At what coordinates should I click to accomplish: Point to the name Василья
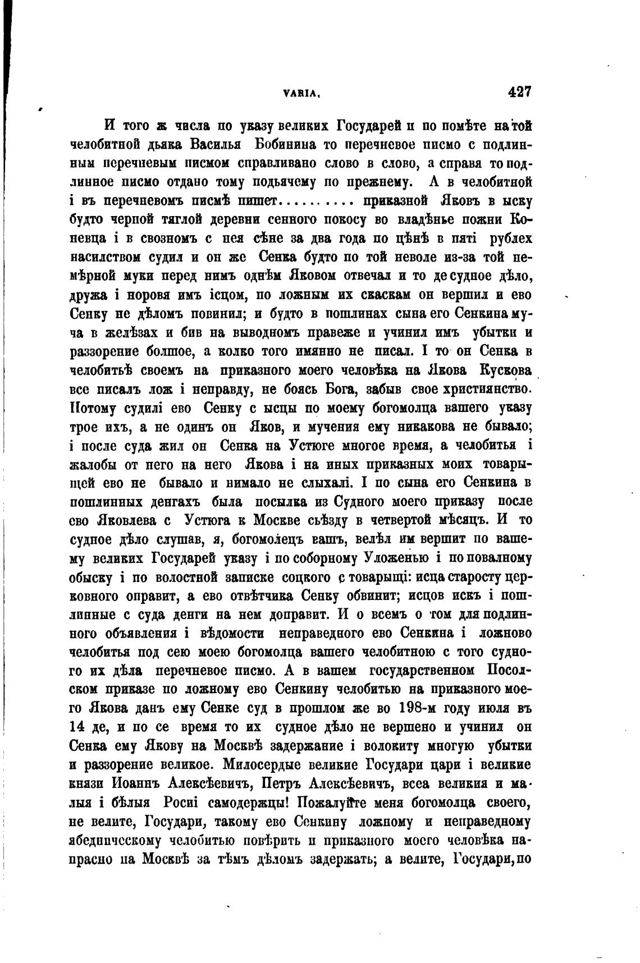click(216, 144)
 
